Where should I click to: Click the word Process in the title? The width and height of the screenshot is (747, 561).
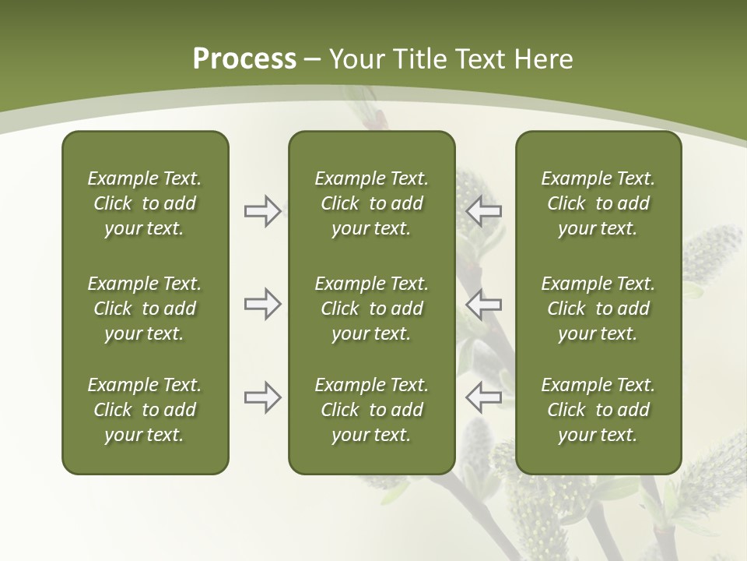click(x=244, y=59)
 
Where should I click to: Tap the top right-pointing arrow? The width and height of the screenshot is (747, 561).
click(x=262, y=211)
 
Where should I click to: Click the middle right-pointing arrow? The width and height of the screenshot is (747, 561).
click(x=262, y=304)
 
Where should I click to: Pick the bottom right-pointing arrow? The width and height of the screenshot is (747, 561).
click(x=262, y=397)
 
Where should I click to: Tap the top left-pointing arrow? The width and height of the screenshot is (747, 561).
click(x=484, y=211)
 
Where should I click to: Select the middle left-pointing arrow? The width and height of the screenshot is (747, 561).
click(x=484, y=304)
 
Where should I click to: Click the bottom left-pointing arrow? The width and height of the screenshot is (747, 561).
click(x=484, y=397)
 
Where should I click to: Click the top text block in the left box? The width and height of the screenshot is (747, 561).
click(x=145, y=203)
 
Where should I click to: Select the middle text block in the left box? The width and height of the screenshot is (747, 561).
click(x=145, y=309)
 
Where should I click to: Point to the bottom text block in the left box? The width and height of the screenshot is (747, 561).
click(x=145, y=410)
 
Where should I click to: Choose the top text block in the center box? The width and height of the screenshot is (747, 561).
click(x=371, y=203)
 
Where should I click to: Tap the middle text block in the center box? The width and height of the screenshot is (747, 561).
click(x=371, y=309)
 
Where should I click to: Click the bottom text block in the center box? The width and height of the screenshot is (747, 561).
click(x=371, y=410)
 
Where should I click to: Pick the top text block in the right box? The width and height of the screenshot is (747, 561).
click(x=598, y=203)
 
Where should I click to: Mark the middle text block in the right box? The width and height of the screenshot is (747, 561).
click(x=598, y=309)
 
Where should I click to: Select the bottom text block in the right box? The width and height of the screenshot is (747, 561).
click(x=598, y=410)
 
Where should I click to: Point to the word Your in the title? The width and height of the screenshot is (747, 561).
click(x=356, y=59)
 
